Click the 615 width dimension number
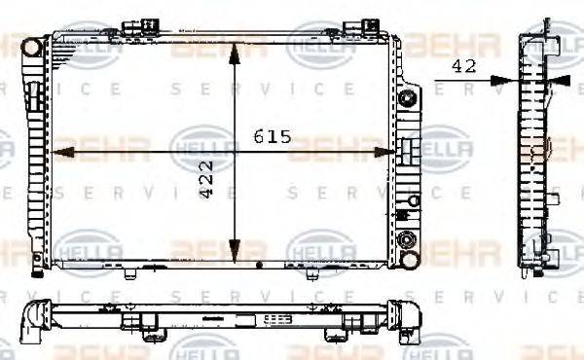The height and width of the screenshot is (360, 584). [x=274, y=137]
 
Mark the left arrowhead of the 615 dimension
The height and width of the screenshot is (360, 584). [x=56, y=152]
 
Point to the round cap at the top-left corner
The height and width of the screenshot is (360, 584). [x=32, y=46]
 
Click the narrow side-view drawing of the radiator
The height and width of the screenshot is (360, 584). [x=534, y=151]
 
